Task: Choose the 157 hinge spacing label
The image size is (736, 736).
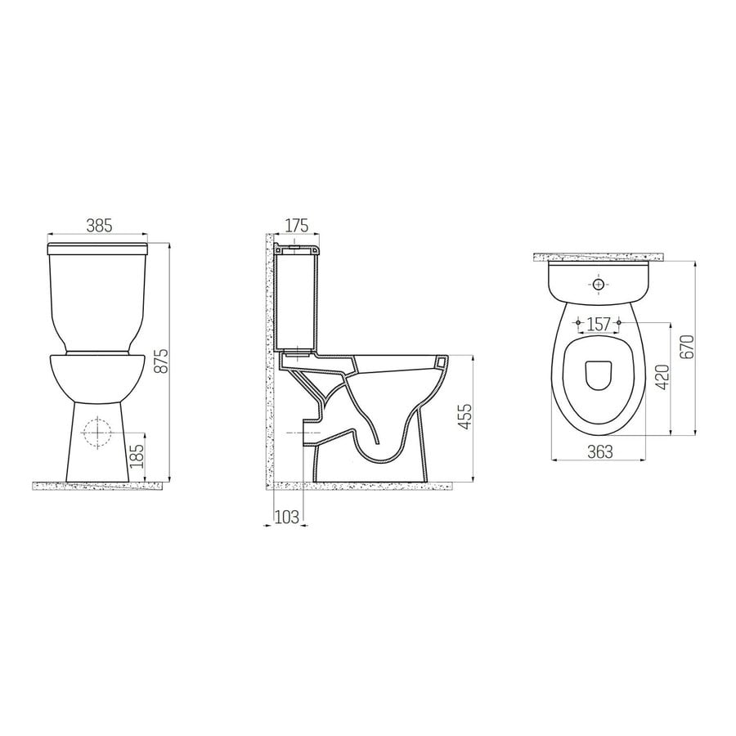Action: click(599, 325)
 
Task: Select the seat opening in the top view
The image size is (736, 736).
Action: click(599, 375)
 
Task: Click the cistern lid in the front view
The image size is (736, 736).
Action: click(98, 245)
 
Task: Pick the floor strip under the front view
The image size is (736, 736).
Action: click(98, 486)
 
